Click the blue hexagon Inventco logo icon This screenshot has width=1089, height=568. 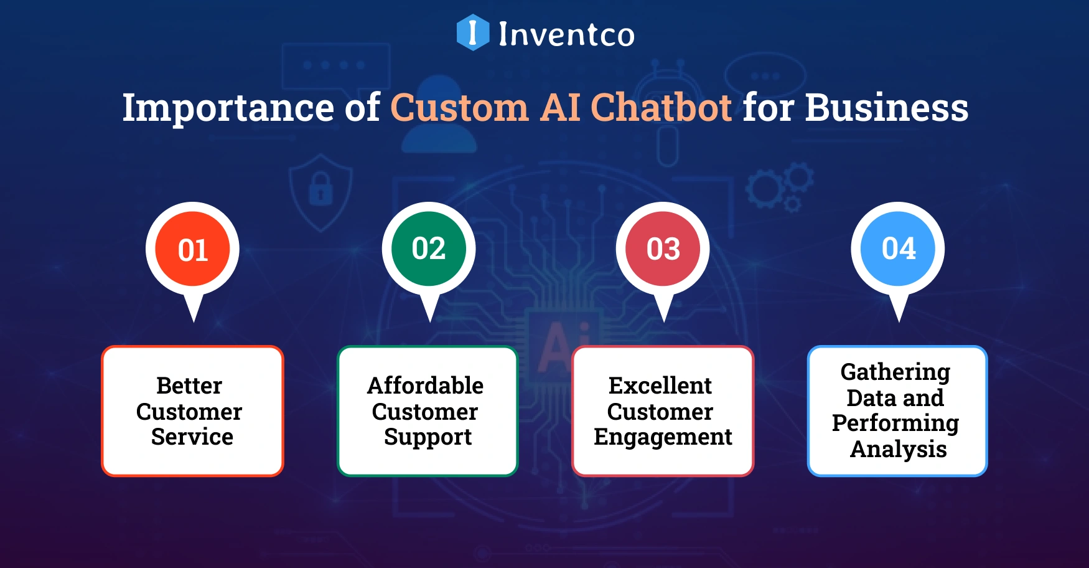472,32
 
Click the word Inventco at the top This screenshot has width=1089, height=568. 566,34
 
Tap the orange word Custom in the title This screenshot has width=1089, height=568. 459,108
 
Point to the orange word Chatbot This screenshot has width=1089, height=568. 661,108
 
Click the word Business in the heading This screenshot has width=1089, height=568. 887,108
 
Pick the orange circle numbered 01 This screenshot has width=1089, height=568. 193,249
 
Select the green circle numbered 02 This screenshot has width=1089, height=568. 429,249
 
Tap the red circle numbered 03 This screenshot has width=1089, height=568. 663,249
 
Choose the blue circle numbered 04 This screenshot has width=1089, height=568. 899,249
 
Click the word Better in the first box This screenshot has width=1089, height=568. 189,386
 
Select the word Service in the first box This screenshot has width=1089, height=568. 192,437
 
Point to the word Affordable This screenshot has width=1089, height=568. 426,386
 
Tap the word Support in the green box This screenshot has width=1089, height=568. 428,437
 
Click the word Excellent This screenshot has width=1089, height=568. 660,386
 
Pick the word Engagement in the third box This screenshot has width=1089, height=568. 663,437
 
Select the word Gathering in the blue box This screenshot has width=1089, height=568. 895,372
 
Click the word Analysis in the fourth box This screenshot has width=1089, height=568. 899,449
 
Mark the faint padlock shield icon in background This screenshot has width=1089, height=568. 321,190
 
